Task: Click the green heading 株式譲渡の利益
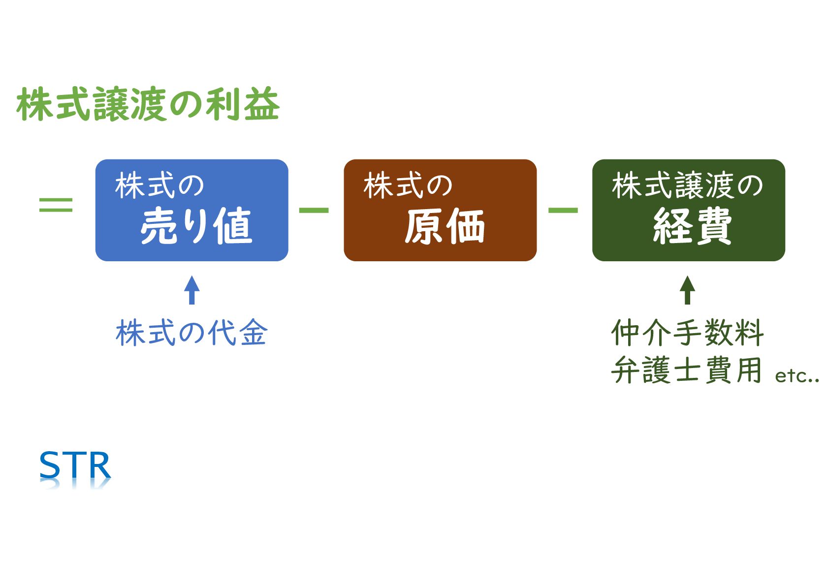[x=148, y=104]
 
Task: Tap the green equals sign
[x=56, y=205]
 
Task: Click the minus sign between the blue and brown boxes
[x=314, y=210]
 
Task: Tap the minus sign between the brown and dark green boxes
[x=563, y=210]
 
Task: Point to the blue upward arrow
[x=192, y=290]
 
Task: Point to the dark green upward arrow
[x=687, y=290]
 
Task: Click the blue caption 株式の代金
[x=191, y=333]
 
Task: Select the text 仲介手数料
[x=687, y=333]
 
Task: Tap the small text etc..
[x=797, y=376]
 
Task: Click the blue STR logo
[x=75, y=466]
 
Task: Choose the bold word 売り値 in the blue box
[x=196, y=226]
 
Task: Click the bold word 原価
[x=445, y=226]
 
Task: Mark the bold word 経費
[x=692, y=226]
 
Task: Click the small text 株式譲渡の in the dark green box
[x=687, y=186]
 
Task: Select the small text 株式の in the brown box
[x=408, y=186]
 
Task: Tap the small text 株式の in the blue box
[x=159, y=186]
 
